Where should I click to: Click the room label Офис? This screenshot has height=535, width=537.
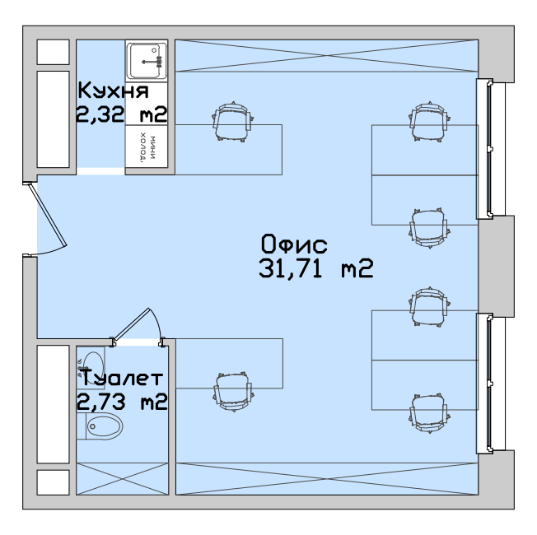pos(294,244)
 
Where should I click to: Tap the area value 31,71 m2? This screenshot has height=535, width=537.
pos(315,268)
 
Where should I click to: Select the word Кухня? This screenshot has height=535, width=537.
pos(114,91)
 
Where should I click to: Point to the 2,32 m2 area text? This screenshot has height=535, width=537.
pos(122,114)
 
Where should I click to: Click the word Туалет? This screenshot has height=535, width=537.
pos(121,378)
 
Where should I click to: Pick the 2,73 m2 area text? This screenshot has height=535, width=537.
pos(122,402)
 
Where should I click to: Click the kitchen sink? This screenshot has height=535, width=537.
pos(147,61)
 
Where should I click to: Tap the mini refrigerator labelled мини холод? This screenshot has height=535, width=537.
pos(147,147)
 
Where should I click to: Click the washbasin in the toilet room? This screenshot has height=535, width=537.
pos(91,368)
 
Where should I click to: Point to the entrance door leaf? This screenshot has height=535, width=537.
pos(48,215)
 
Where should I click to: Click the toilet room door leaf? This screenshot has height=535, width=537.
pos(132,324)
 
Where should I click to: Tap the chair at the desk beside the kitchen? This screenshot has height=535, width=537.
pos(233,122)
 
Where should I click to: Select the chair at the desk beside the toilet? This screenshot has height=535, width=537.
pos(234,392)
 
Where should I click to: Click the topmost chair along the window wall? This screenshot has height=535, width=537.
pos(429,121)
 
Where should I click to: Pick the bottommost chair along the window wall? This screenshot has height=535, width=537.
pos(429,413)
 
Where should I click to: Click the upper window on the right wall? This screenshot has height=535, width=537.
pos(490,149)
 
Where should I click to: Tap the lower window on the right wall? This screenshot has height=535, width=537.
pos(490,384)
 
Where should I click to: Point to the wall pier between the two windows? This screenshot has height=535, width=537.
pos(497,266)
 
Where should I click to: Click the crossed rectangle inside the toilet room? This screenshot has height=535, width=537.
pos(122,479)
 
